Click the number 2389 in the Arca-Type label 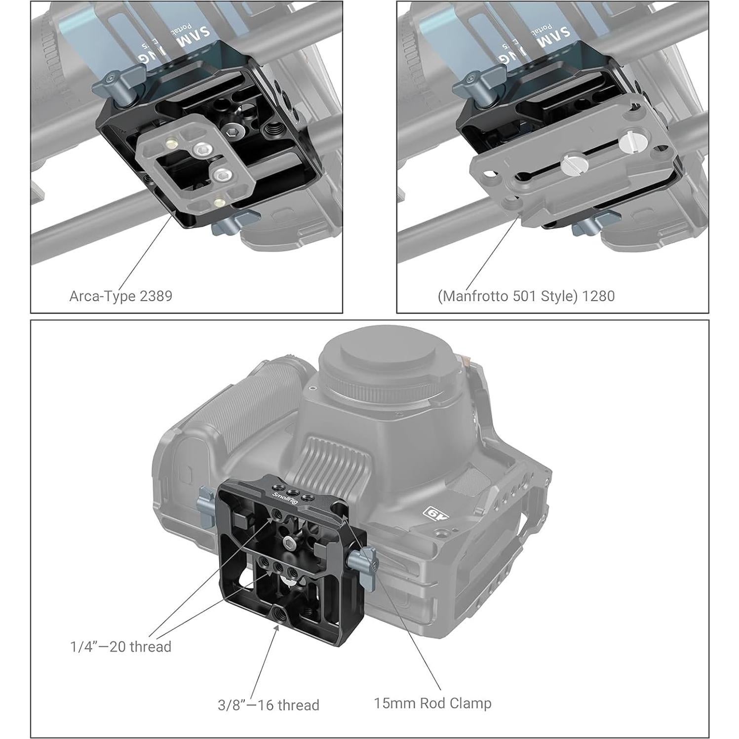click(156, 296)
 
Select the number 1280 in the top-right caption click(598, 296)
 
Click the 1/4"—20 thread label click(121, 647)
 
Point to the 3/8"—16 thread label click(269, 704)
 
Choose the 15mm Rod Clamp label click(432, 703)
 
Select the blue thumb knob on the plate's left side click(206, 506)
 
